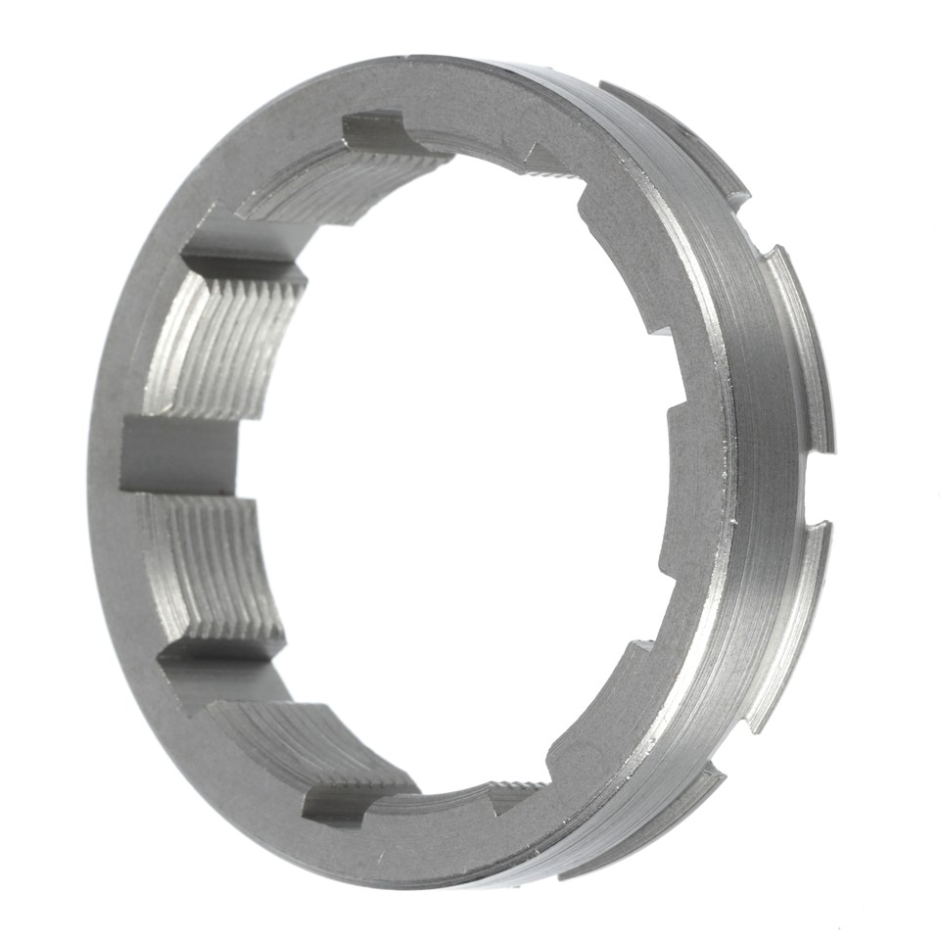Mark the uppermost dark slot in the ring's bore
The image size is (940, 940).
click(377, 132)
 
